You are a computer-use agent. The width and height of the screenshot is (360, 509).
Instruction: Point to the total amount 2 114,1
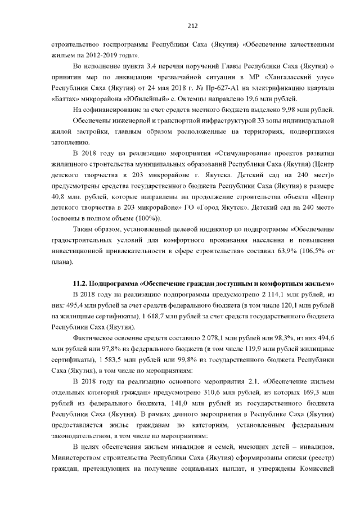[x=266, y=294]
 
